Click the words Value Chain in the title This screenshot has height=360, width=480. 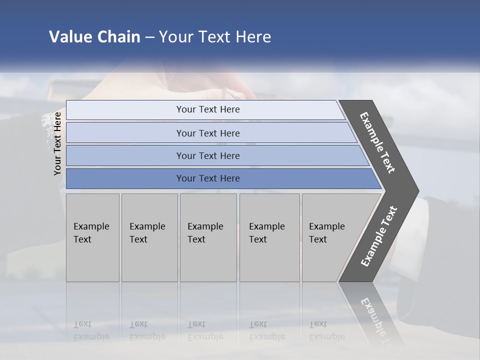[x=94, y=37]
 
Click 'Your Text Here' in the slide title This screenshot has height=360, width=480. [x=215, y=37]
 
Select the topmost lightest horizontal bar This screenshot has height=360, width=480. [x=125, y=110]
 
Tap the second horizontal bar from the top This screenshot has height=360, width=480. [x=125, y=133]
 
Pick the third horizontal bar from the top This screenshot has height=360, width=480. [x=125, y=156]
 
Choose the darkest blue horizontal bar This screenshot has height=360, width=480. [x=125, y=178]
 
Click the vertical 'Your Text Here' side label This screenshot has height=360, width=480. [x=57, y=143]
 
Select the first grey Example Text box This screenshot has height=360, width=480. [x=92, y=237]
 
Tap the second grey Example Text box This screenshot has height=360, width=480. [x=149, y=237]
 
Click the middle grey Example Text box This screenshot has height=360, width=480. [x=208, y=237]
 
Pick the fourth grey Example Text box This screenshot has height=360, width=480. [x=269, y=237]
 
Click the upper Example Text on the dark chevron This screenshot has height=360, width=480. [x=377, y=142]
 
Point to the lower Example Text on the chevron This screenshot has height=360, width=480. [x=379, y=236]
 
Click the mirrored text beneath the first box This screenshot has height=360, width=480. [x=91, y=330]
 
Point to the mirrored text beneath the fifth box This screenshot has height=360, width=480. [x=326, y=330]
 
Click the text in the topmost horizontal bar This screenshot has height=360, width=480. [x=208, y=109]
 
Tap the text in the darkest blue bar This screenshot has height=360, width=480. [x=208, y=178]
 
